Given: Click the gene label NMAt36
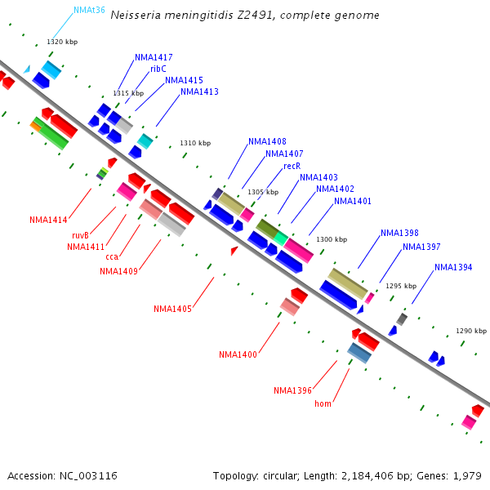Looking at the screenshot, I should (x=89, y=11).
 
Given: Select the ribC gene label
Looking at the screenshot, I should (x=158, y=69).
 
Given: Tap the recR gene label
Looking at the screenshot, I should (x=292, y=166).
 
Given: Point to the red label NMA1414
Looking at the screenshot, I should (x=48, y=220).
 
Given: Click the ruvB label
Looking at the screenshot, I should (x=80, y=235).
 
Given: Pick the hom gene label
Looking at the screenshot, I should (x=323, y=403).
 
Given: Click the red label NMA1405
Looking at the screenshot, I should (x=172, y=309).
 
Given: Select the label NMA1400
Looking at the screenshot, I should (x=238, y=354).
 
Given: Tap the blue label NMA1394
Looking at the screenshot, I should (x=453, y=267).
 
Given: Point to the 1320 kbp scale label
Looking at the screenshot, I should (x=62, y=42).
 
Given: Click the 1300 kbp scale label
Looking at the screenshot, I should (x=332, y=239).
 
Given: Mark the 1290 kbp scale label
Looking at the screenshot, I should (x=471, y=331).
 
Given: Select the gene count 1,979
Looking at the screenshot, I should (x=470, y=475).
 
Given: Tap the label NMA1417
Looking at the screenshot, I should (x=154, y=58).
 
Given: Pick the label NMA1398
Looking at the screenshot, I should (x=399, y=234).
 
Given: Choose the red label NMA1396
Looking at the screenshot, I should (x=292, y=390).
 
